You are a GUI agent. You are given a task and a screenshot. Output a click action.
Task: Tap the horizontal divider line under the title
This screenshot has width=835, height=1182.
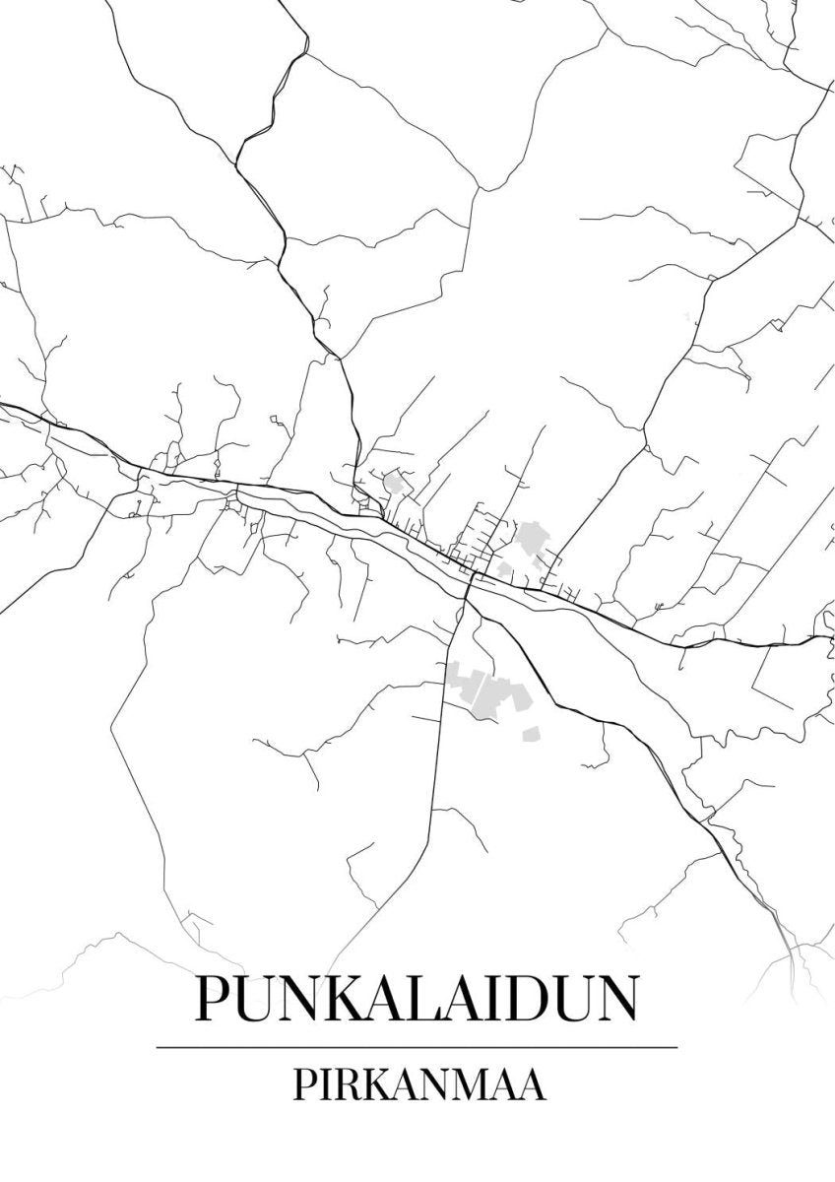pyautogui.click(x=417, y=1046)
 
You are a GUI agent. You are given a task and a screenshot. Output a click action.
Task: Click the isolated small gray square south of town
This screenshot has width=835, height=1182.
pyautogui.click(x=532, y=734)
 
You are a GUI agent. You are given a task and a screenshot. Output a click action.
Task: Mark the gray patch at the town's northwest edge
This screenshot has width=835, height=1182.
pyautogui.click(x=397, y=483)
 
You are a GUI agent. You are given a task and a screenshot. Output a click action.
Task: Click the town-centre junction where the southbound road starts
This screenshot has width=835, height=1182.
pyautogui.click(x=470, y=578)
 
